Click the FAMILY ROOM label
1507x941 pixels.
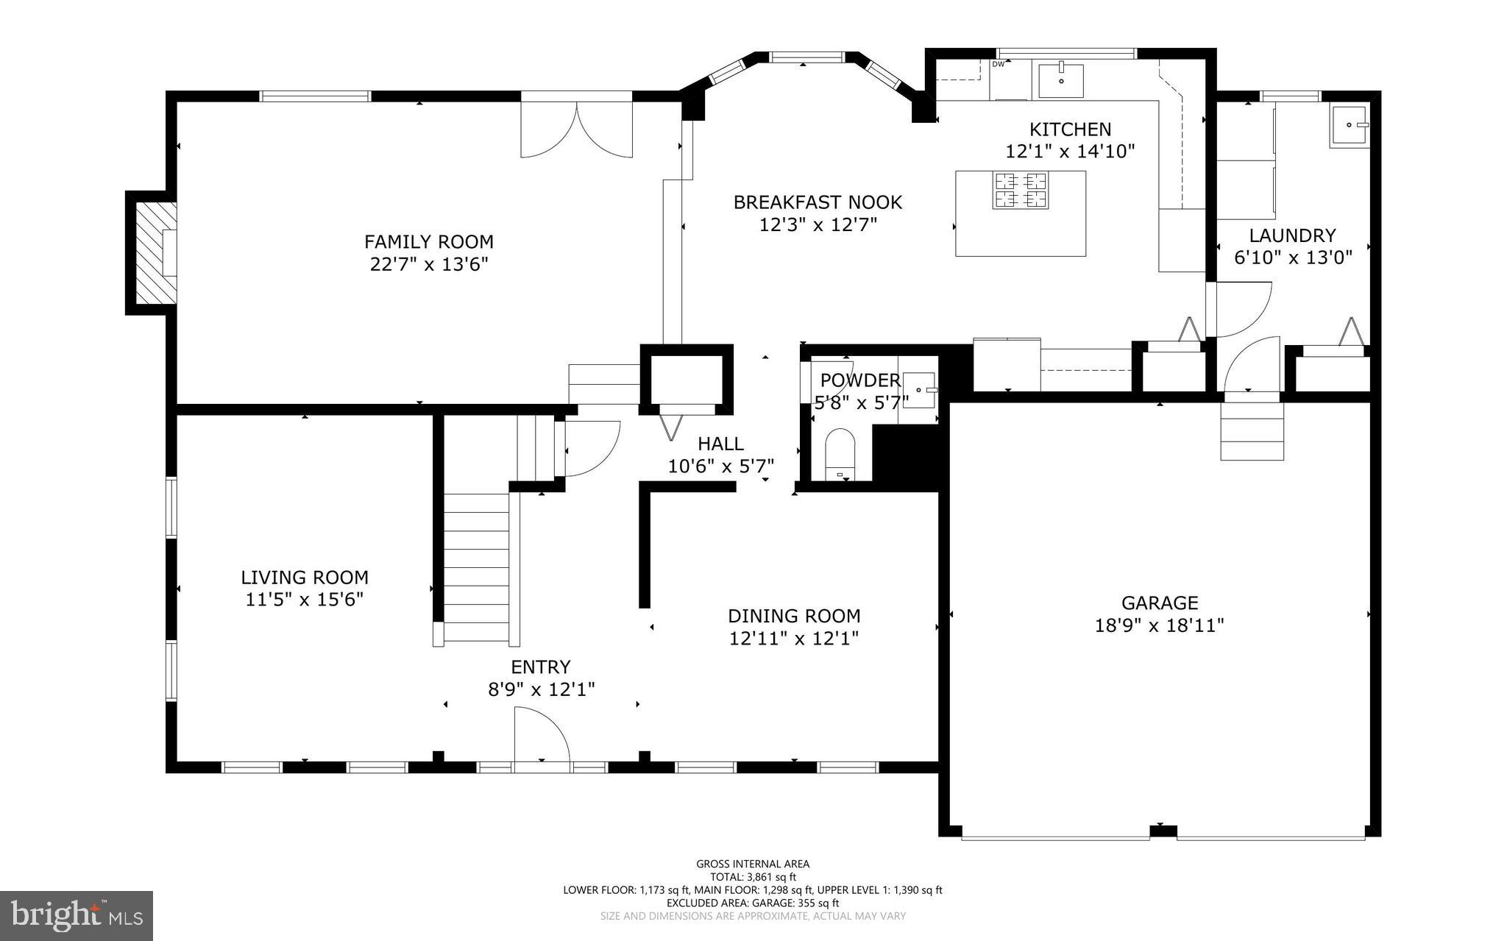(x=428, y=241)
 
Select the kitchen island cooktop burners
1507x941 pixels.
(x=1021, y=190)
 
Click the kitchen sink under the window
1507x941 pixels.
(x=1061, y=80)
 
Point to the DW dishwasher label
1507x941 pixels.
(x=999, y=64)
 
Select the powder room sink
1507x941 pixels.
(x=920, y=390)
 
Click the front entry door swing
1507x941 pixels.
(x=541, y=736)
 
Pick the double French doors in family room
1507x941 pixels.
(x=577, y=129)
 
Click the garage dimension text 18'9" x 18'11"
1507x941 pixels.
(x=1159, y=625)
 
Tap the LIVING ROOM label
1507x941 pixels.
(x=305, y=578)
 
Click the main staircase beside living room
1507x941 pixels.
(x=477, y=567)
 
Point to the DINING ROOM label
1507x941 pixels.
(x=794, y=616)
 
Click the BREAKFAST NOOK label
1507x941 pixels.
(x=818, y=202)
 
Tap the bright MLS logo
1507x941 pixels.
(x=77, y=915)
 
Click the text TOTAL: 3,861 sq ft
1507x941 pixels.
(x=753, y=877)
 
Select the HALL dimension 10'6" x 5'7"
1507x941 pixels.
(x=720, y=466)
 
